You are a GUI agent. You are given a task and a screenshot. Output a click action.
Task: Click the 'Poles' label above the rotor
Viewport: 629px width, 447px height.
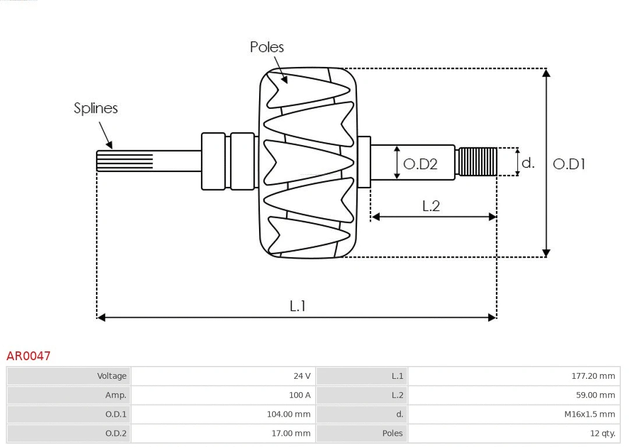[x=267, y=47]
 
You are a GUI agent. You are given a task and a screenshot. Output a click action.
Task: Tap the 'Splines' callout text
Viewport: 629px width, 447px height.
[x=96, y=108]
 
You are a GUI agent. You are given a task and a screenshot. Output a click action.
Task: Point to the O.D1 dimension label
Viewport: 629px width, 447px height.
[x=568, y=164]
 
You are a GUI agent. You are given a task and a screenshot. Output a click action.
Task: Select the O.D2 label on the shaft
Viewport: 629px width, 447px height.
[x=420, y=164]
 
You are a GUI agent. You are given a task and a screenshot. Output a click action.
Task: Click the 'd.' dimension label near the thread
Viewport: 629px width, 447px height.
[x=528, y=163]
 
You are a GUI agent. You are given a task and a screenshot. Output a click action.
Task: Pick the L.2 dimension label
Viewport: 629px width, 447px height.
[x=431, y=206]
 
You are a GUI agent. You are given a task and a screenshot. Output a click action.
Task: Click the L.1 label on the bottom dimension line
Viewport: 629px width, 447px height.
[x=298, y=306]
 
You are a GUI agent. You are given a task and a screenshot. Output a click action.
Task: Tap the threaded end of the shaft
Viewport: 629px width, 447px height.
[x=478, y=161]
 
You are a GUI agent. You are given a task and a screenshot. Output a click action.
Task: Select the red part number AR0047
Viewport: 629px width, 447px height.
[x=29, y=356]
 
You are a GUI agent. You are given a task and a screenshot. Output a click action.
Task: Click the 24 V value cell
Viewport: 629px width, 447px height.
[x=302, y=376]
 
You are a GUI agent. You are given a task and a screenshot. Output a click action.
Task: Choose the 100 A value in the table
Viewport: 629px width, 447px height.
[x=299, y=395]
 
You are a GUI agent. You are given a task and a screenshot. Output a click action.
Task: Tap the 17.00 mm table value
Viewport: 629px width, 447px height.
[x=291, y=433]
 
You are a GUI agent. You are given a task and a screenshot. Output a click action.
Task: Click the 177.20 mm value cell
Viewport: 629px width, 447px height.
[x=593, y=376]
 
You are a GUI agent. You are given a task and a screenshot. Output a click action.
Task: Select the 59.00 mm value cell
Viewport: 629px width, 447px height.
[x=595, y=395]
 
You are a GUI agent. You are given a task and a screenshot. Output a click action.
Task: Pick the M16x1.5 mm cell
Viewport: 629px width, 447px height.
[x=589, y=414]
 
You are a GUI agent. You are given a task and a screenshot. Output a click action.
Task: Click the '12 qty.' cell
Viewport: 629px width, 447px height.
[x=602, y=433]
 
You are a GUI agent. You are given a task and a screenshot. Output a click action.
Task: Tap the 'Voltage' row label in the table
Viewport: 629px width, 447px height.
[x=111, y=376]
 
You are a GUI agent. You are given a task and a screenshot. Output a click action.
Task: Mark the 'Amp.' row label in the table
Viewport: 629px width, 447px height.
[x=115, y=395]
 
